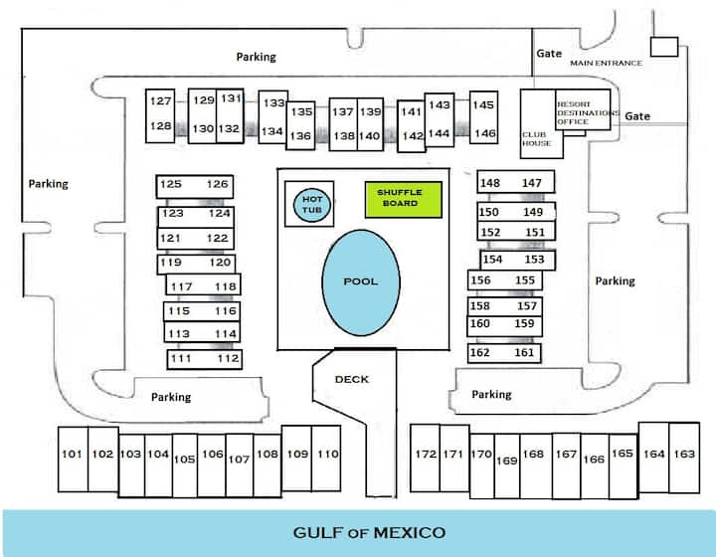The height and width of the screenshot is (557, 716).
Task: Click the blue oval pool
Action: pyautogui.click(x=361, y=282)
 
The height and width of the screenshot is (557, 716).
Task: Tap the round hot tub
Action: pyautogui.click(x=312, y=205)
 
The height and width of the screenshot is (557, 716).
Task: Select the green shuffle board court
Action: pyautogui.click(x=403, y=200)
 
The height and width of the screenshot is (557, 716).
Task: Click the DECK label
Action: pyautogui.click(x=352, y=379)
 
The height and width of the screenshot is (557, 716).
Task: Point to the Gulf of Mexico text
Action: pyautogui.click(x=369, y=533)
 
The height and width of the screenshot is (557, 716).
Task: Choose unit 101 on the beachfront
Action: pyautogui.click(x=73, y=460)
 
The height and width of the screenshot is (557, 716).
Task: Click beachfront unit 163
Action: pyautogui.click(x=684, y=458)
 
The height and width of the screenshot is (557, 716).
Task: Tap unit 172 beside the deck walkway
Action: pyautogui.click(x=426, y=458)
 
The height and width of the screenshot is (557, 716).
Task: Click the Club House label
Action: pyautogui.click(x=537, y=139)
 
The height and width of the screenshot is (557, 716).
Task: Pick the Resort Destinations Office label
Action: pyautogui.click(x=588, y=112)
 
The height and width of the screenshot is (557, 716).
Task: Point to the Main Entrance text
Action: pyautogui.click(x=606, y=63)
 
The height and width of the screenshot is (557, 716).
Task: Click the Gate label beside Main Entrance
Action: pyautogui.click(x=549, y=54)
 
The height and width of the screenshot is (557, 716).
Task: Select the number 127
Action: pyautogui.click(x=161, y=100)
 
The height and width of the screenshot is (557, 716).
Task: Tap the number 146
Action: pyautogui.click(x=485, y=133)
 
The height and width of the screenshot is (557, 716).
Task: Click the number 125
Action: pyautogui.click(x=171, y=184)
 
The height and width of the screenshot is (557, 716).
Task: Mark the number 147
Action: pyautogui.click(x=531, y=183)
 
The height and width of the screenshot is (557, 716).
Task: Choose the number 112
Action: pyautogui.click(x=228, y=358)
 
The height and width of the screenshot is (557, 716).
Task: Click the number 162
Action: pyautogui.click(x=480, y=352)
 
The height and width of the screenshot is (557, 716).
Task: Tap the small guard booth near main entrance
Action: pyautogui.click(x=664, y=47)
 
